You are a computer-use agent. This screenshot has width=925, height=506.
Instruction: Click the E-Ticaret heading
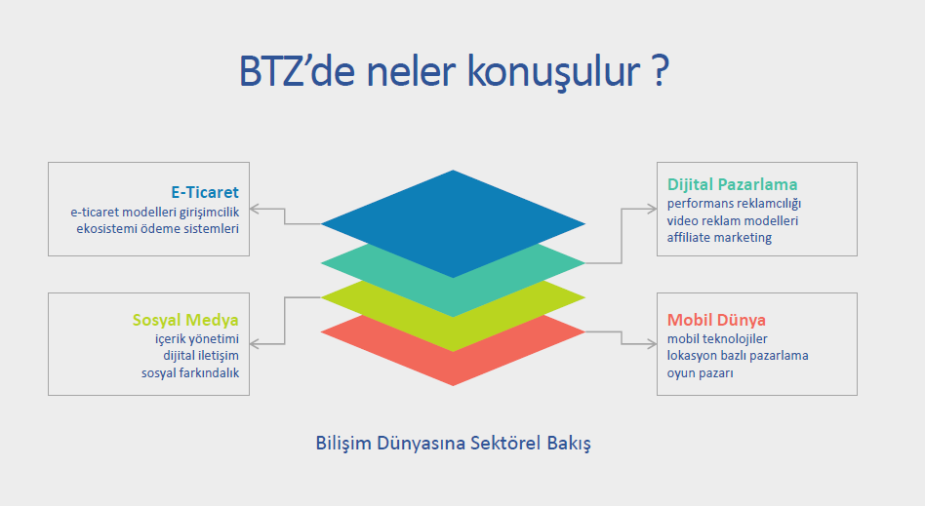pyautogui.click(x=205, y=192)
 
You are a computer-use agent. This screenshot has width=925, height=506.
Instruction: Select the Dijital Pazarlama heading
pyautogui.click(x=732, y=184)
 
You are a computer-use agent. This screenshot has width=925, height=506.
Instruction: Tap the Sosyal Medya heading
pyautogui.click(x=185, y=320)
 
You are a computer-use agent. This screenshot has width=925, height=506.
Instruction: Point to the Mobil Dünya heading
pyautogui.click(x=716, y=320)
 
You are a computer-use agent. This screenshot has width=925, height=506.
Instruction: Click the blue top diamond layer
pyautogui.click(x=453, y=223)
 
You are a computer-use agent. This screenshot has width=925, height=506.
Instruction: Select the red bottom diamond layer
pyautogui.click(x=453, y=360)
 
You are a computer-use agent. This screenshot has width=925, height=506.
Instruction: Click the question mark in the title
pyautogui.click(x=662, y=71)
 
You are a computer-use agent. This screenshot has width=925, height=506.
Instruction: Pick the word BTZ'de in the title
pyautogui.click(x=297, y=71)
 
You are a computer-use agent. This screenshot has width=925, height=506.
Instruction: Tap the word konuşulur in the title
pyautogui.click(x=553, y=72)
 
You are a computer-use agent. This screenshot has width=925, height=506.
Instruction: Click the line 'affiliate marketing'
pyautogui.click(x=719, y=238)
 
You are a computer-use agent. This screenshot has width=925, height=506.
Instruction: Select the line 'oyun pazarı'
pyautogui.click(x=701, y=373)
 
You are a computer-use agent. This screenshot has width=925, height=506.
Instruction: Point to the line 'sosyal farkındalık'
pyautogui.click(x=190, y=372)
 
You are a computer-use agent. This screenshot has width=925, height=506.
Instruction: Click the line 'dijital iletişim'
pyautogui.click(x=201, y=356)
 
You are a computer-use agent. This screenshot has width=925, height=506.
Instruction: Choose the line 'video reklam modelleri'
pyautogui.click(x=733, y=220)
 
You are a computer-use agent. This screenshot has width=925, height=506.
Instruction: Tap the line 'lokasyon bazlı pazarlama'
pyautogui.click(x=738, y=356)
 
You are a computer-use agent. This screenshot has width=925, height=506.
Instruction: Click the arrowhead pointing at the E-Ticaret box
pyautogui.click(x=255, y=209)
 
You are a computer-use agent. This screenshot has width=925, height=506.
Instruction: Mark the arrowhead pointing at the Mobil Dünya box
pyautogui.click(x=651, y=344)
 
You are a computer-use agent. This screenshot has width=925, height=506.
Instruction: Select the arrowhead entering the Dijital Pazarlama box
pyautogui.click(x=651, y=209)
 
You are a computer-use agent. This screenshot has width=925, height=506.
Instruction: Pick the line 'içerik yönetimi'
pyautogui.click(x=197, y=339)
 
